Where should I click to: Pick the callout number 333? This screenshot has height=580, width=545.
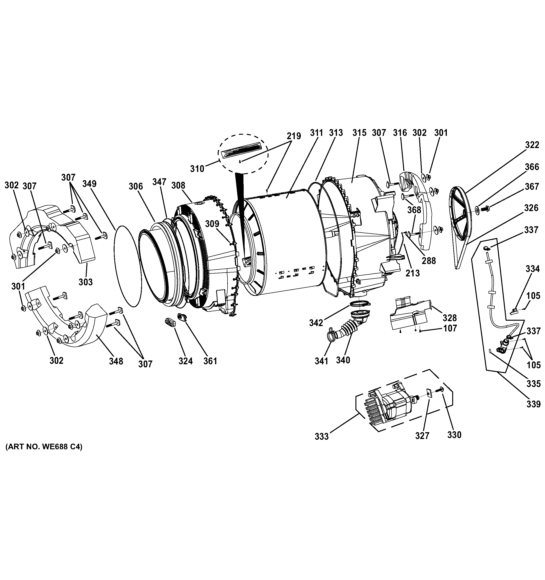321,437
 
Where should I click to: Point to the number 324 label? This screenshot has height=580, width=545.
186,361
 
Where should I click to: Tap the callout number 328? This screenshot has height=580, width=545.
450,318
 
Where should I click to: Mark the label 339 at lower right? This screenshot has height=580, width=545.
533,404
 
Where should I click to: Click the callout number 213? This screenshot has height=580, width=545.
413,273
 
